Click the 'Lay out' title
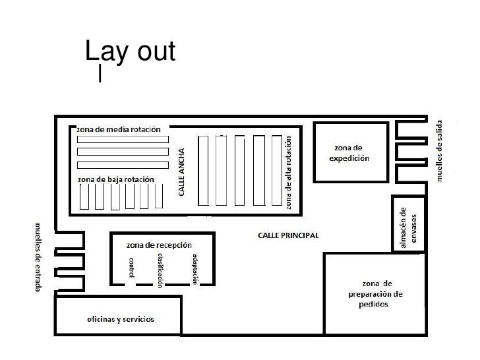(x=130, y=51)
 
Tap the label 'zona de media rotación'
(x=119, y=129)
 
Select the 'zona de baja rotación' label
(x=116, y=179)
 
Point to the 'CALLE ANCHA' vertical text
(x=181, y=172)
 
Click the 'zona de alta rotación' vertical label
(x=288, y=173)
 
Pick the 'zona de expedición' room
(x=351, y=152)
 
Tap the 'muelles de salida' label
(x=439, y=151)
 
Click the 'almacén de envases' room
(x=409, y=224)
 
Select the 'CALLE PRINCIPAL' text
(x=288, y=235)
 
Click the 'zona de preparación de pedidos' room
(x=375, y=294)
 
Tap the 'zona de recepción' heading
(x=159, y=245)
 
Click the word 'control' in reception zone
(x=131, y=268)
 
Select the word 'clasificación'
(x=160, y=270)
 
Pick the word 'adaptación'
(x=195, y=270)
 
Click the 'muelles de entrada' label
(x=38, y=257)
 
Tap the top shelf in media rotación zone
(x=123, y=140)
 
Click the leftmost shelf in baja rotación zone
(x=84, y=197)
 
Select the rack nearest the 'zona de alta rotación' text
(x=277, y=171)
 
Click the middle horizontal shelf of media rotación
(x=123, y=152)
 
